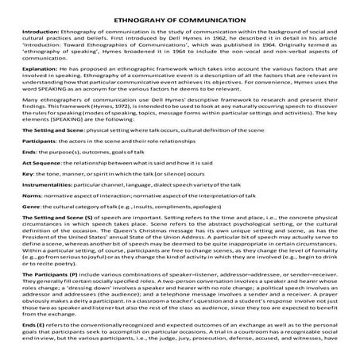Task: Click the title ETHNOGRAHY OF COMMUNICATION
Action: coord(180,12)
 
